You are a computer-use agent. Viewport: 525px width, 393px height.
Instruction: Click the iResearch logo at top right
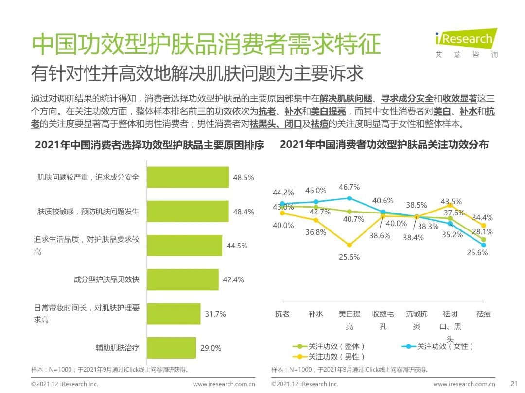coord(466,43)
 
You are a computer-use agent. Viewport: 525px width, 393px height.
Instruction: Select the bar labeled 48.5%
coord(188,177)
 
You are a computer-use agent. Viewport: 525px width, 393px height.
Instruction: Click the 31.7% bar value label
coord(215,314)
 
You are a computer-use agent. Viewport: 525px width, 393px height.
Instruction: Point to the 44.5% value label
coord(237,246)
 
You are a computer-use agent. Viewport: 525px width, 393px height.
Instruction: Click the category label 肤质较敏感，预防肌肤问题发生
coord(88,212)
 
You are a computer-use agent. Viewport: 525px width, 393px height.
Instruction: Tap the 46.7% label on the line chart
coord(349,187)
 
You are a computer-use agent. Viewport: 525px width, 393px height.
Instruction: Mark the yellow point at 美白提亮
coord(349,245)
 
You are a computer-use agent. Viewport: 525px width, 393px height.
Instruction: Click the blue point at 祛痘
coord(484,245)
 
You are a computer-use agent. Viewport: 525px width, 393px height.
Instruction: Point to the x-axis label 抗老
coord(282,314)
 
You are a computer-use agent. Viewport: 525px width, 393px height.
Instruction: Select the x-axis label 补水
coord(315,314)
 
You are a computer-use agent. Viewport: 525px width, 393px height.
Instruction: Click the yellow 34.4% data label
coord(482,218)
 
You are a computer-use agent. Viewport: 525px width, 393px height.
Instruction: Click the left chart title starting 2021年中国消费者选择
coord(149,146)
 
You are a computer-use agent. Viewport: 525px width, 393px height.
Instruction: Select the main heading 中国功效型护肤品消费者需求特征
coord(206,45)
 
